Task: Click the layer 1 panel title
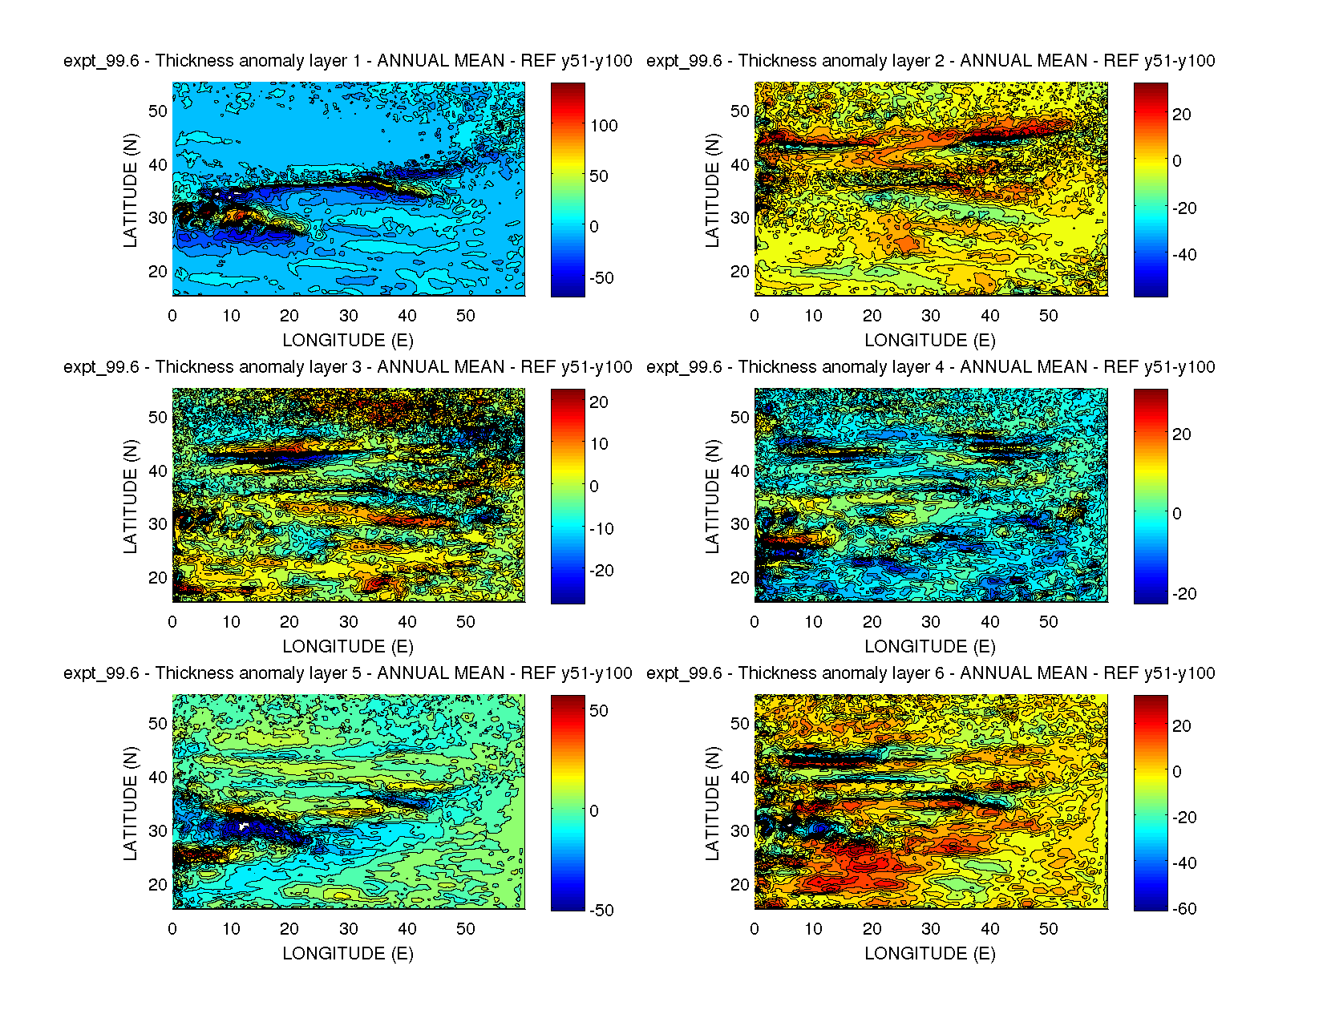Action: coord(348,61)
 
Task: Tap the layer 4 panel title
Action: coord(930,367)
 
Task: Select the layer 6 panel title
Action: coord(930,673)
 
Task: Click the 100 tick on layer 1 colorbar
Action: coord(604,126)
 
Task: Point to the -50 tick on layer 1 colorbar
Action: coord(601,278)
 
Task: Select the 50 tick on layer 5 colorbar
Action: coord(599,711)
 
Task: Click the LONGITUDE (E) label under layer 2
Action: coord(930,341)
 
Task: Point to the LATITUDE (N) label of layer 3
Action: coord(130,496)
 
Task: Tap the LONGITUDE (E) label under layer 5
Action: coord(348,953)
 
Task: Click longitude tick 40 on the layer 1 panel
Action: coord(407,316)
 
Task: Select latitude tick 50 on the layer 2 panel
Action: coord(740,111)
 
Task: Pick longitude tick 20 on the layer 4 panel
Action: coord(872,622)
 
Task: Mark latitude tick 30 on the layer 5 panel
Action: coord(158,831)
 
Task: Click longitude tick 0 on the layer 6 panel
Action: coord(755,929)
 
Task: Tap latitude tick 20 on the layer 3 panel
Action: coord(158,578)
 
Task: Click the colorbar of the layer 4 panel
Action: coord(1151,496)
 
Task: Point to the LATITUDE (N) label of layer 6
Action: coord(712,803)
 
